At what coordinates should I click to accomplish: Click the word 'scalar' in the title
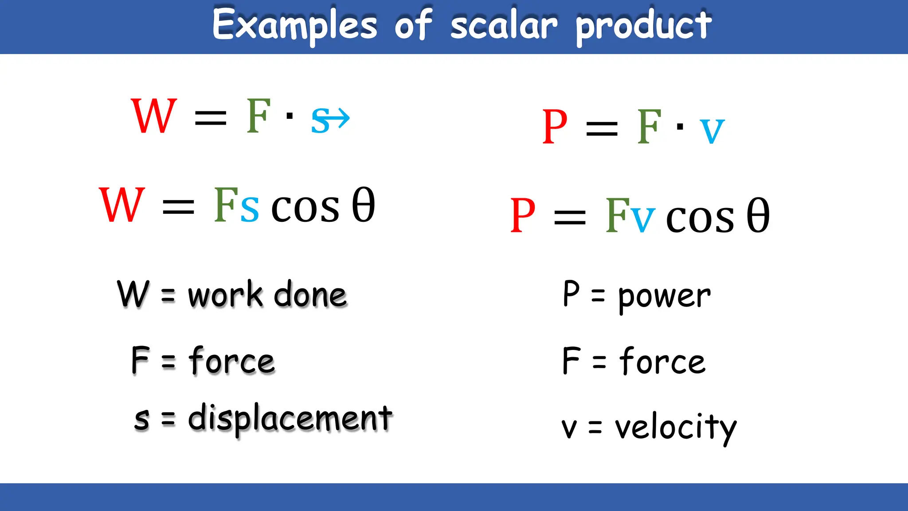click(504, 26)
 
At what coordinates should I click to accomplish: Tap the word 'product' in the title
click(643, 27)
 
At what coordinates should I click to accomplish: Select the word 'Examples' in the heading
click(294, 26)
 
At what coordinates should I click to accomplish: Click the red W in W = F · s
click(154, 116)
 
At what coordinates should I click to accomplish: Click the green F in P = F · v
click(649, 128)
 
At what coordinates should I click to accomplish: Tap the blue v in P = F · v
click(712, 131)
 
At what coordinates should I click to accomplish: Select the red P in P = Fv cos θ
click(523, 216)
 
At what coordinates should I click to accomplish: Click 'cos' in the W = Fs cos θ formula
click(305, 208)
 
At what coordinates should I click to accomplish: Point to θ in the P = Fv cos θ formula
click(758, 216)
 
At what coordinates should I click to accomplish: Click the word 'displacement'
click(290, 418)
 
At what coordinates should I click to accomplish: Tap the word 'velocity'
click(675, 428)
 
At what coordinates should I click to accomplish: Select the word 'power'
click(664, 296)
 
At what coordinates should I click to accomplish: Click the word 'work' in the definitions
click(226, 295)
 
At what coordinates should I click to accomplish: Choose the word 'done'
click(310, 295)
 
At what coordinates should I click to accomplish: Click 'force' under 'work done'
click(232, 361)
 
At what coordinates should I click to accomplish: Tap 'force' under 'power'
click(662, 362)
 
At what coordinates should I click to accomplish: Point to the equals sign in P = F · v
click(602, 129)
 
